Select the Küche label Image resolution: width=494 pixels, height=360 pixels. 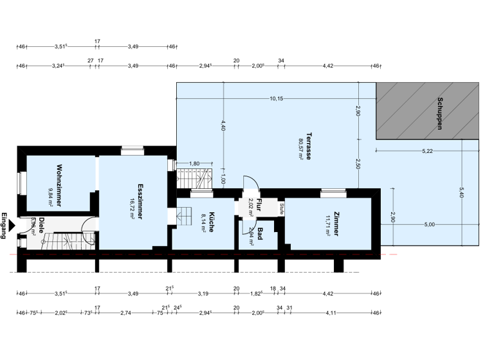[x=211, y=221]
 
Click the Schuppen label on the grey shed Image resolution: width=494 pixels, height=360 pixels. [x=440, y=113]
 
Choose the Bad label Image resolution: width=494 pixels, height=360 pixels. [x=261, y=232]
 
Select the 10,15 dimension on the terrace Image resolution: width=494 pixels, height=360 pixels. [x=277, y=98]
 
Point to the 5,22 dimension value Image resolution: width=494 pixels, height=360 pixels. [x=428, y=151]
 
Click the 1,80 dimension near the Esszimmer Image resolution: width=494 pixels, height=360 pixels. [x=195, y=164]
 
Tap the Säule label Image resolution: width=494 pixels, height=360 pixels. [x=282, y=208]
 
